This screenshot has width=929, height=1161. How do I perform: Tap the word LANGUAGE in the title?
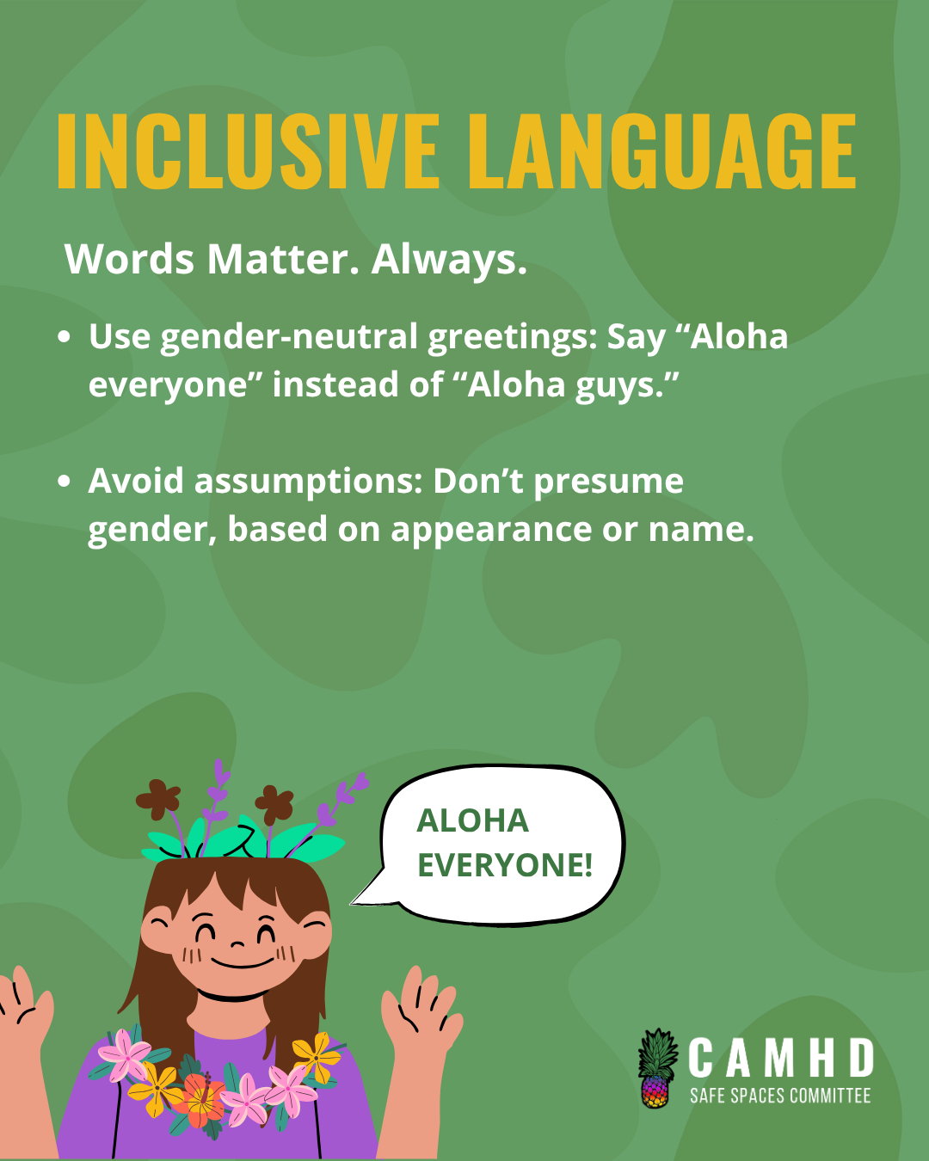point(661,151)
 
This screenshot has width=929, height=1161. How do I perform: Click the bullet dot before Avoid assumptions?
point(64,481)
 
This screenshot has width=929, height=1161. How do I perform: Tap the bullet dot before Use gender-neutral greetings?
point(64,336)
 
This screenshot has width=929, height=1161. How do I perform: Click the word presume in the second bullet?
point(609,482)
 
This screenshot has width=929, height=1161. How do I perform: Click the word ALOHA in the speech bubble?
point(473,821)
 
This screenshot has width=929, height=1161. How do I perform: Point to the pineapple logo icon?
point(657,1067)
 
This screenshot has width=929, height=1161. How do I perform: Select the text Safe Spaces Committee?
point(780,1096)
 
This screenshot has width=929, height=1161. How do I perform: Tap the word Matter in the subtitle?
point(282,260)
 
